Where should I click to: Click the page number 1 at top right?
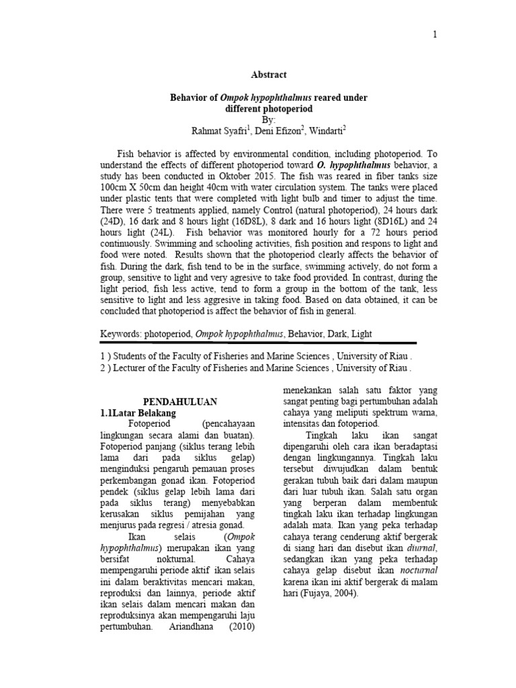435,36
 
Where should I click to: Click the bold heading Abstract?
267,75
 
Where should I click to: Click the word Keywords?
124,333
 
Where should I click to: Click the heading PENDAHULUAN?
179,401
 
